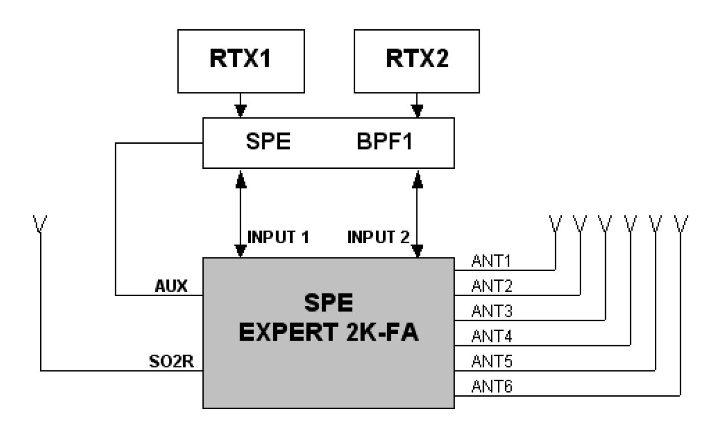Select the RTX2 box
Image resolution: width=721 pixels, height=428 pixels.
click(x=418, y=60)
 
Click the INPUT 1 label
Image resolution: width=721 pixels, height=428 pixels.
click(x=278, y=236)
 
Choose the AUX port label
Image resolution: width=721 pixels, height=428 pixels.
click(x=172, y=285)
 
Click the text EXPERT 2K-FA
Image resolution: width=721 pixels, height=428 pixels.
click(x=329, y=332)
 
